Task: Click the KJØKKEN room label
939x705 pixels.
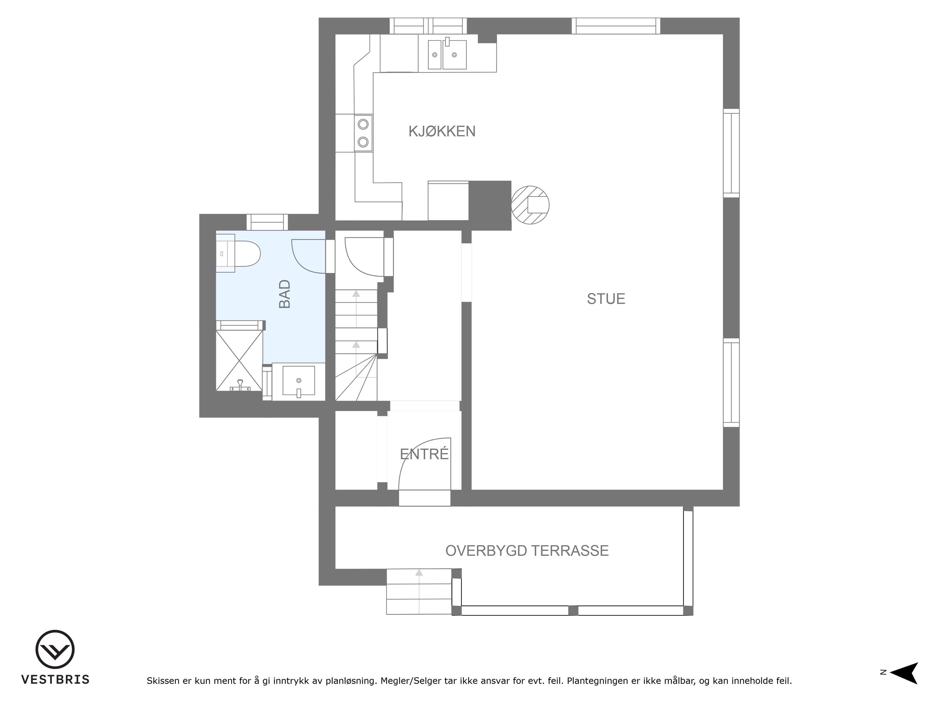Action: (442, 131)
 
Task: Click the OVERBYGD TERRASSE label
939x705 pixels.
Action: (527, 551)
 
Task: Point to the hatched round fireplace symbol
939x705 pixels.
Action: (530, 205)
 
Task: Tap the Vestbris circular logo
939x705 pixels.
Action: (55, 649)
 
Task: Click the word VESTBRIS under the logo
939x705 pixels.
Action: (56, 680)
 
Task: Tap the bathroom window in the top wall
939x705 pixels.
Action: (267, 222)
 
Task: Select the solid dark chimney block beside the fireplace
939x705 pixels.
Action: (490, 206)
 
